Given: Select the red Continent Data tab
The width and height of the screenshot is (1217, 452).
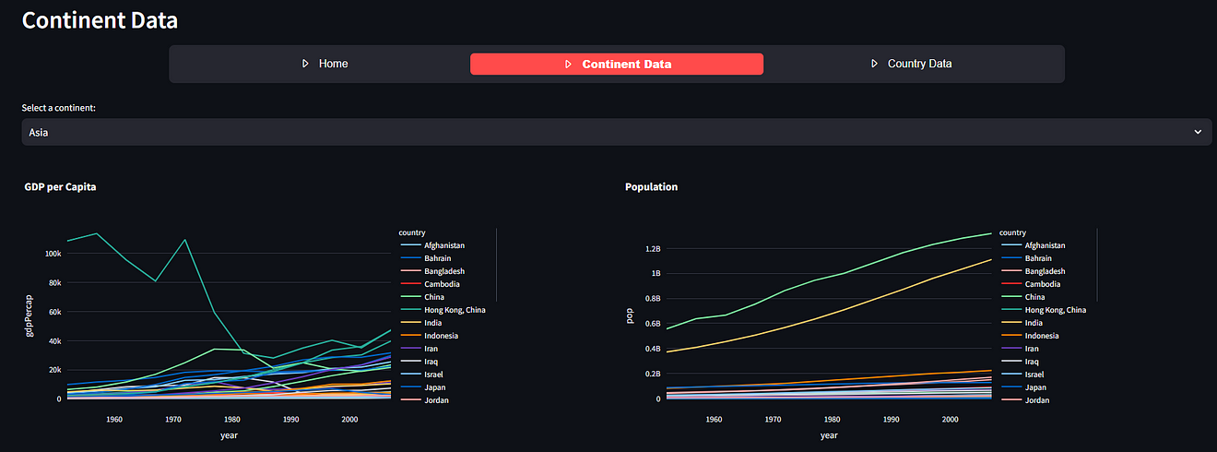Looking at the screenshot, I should tap(617, 64).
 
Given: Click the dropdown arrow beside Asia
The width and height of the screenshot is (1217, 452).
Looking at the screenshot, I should tap(1198, 132).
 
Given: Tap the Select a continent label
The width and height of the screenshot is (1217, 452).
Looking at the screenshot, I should tap(59, 108).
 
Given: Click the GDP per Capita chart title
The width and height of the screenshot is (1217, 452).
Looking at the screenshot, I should tap(61, 187).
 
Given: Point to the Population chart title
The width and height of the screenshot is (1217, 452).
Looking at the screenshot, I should tap(651, 187).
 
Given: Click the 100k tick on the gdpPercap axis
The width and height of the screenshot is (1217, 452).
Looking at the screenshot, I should tap(53, 254).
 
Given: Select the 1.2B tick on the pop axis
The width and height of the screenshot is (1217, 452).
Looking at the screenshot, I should tap(653, 249).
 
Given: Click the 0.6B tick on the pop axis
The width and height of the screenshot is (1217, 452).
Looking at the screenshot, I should tap(653, 324).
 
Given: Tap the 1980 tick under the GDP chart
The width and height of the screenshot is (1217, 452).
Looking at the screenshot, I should tap(232, 420).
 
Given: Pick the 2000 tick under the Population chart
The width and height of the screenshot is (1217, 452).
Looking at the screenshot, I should tap(951, 420).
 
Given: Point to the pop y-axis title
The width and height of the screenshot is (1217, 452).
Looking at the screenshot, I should tap(630, 316).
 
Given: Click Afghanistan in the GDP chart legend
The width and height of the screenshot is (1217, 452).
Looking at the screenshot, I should tap(443, 245).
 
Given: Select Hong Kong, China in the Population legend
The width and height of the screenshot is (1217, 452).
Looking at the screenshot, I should tap(1055, 310).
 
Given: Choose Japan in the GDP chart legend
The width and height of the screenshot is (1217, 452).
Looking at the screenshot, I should tap(435, 387).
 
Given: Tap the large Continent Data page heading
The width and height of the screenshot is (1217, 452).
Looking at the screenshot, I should tap(100, 19).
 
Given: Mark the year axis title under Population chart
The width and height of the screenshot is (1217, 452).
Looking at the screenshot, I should tap(829, 435).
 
